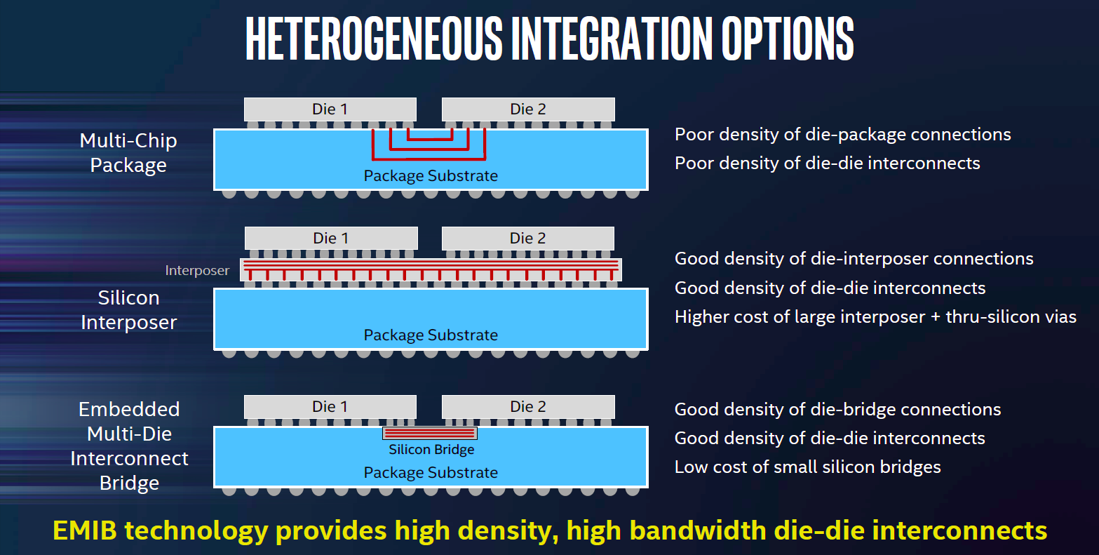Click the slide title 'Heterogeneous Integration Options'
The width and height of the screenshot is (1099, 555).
point(550,39)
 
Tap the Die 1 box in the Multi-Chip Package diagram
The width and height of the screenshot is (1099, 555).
point(330,109)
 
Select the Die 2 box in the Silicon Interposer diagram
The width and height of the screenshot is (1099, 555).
point(528,238)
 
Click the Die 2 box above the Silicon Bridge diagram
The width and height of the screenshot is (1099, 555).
point(528,406)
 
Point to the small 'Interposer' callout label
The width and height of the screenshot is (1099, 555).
point(197,270)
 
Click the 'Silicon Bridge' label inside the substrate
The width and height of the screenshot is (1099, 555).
point(431,450)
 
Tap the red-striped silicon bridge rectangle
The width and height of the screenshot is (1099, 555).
point(430,434)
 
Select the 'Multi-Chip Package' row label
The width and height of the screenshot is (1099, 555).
point(128,153)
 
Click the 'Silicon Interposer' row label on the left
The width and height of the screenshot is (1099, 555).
point(128,309)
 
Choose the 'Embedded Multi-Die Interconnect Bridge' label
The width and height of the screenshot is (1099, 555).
point(129,446)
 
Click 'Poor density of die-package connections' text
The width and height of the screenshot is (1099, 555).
point(842,135)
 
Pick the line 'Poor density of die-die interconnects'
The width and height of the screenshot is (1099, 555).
point(827,163)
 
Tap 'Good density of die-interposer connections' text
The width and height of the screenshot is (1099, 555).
point(854,259)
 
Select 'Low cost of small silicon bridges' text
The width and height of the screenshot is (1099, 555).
point(807,467)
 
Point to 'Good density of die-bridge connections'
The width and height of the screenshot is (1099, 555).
point(837,409)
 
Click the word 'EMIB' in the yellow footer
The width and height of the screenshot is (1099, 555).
point(85,530)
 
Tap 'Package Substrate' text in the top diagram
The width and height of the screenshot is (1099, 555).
point(431,175)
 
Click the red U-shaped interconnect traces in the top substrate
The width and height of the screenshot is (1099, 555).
point(429,159)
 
